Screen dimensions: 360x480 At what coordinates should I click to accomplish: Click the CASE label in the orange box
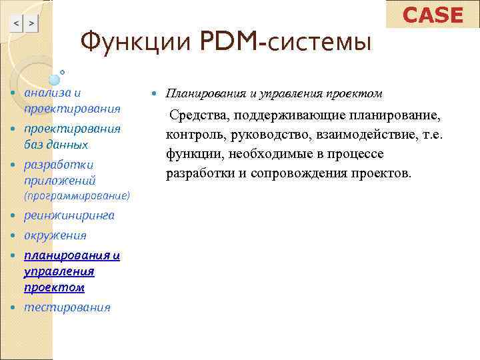(433, 15)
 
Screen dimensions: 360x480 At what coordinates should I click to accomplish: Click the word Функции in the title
(134, 45)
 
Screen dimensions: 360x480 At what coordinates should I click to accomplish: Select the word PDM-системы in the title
(280, 45)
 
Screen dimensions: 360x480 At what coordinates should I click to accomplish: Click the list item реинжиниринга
(69, 215)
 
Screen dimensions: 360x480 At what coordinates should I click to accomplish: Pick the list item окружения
(55, 235)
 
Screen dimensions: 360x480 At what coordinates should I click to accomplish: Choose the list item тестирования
(67, 307)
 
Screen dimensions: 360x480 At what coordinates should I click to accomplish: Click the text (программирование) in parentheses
(77, 197)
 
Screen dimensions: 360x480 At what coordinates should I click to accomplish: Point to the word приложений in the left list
(60, 180)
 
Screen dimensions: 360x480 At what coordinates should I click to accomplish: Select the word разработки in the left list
(59, 164)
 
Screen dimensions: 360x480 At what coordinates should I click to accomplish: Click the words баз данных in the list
(56, 144)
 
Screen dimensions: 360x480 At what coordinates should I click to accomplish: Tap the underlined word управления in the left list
(59, 271)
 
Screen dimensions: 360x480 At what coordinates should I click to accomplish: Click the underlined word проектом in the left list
(54, 287)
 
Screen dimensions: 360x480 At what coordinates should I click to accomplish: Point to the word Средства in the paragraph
(196, 116)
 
